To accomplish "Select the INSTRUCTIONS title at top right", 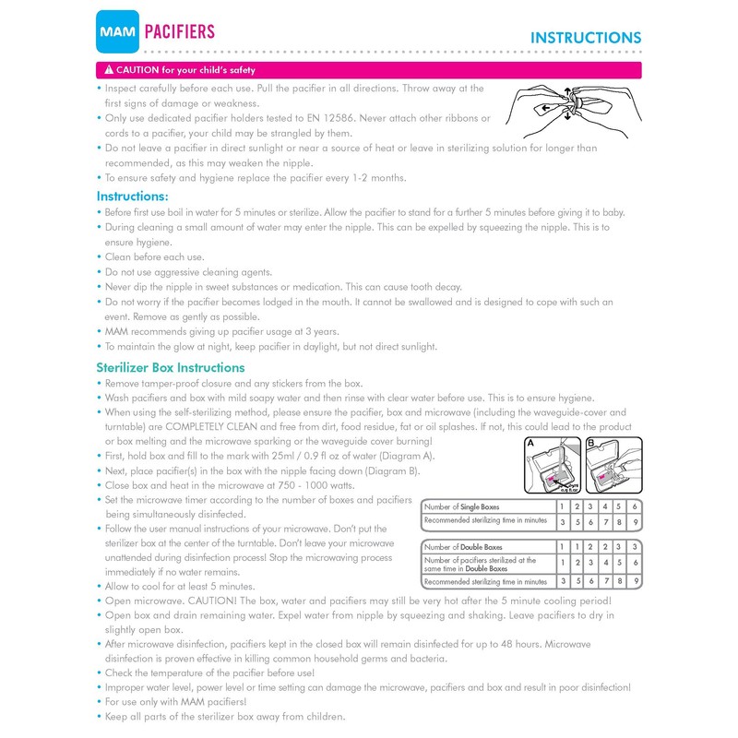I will tap(585, 38).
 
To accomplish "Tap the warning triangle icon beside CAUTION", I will tap(108, 70).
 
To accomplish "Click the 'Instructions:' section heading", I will tap(132, 196).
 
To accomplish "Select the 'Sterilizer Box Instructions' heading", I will tap(171, 367).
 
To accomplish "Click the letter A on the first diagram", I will tap(530, 444).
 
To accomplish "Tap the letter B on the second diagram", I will tap(591, 444).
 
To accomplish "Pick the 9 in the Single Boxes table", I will tap(635, 522).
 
